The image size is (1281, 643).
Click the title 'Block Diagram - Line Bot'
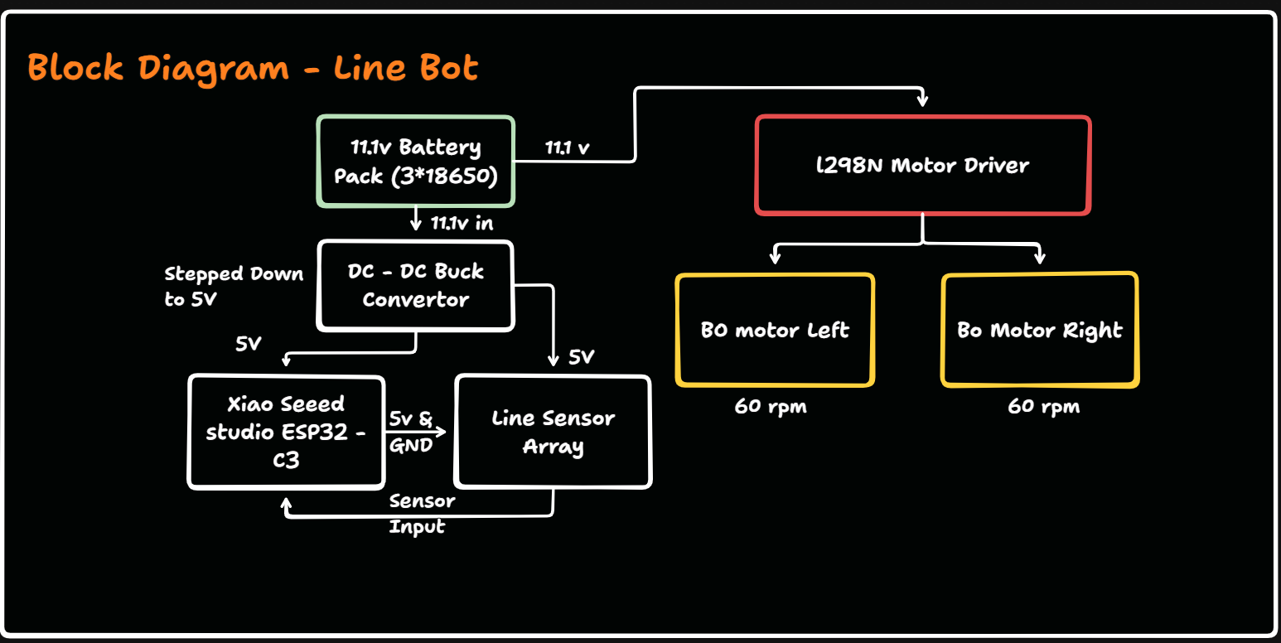(253, 66)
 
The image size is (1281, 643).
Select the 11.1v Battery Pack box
(416, 161)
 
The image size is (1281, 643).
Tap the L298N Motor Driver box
(923, 165)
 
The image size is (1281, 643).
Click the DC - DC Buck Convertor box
(416, 286)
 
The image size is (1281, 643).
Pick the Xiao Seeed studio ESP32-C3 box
(287, 431)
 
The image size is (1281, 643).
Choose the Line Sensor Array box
(553, 432)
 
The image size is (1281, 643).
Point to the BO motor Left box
(775, 330)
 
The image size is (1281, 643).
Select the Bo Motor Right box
(1040, 330)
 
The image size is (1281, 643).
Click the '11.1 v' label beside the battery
(568, 148)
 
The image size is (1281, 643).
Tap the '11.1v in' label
(462, 223)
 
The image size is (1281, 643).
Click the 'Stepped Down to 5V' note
(234, 286)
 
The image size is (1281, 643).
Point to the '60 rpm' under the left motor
(770, 407)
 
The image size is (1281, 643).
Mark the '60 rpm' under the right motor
(1043, 407)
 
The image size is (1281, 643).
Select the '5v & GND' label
(411, 432)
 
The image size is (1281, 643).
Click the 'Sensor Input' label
(422, 514)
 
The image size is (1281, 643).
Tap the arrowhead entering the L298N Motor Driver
(923, 100)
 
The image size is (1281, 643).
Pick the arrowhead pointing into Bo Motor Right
(1040, 259)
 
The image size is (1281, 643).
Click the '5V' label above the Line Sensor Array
(582, 358)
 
